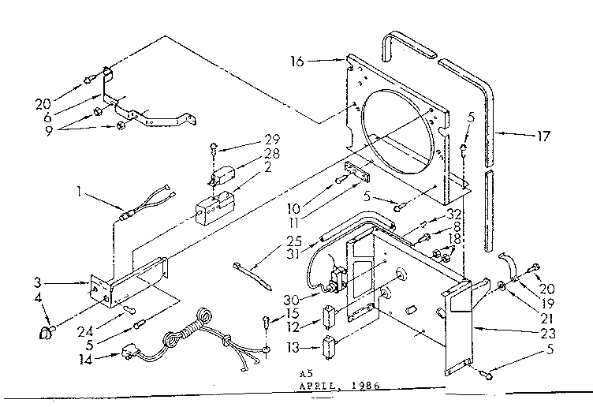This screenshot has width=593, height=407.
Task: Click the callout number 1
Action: click(80, 189)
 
